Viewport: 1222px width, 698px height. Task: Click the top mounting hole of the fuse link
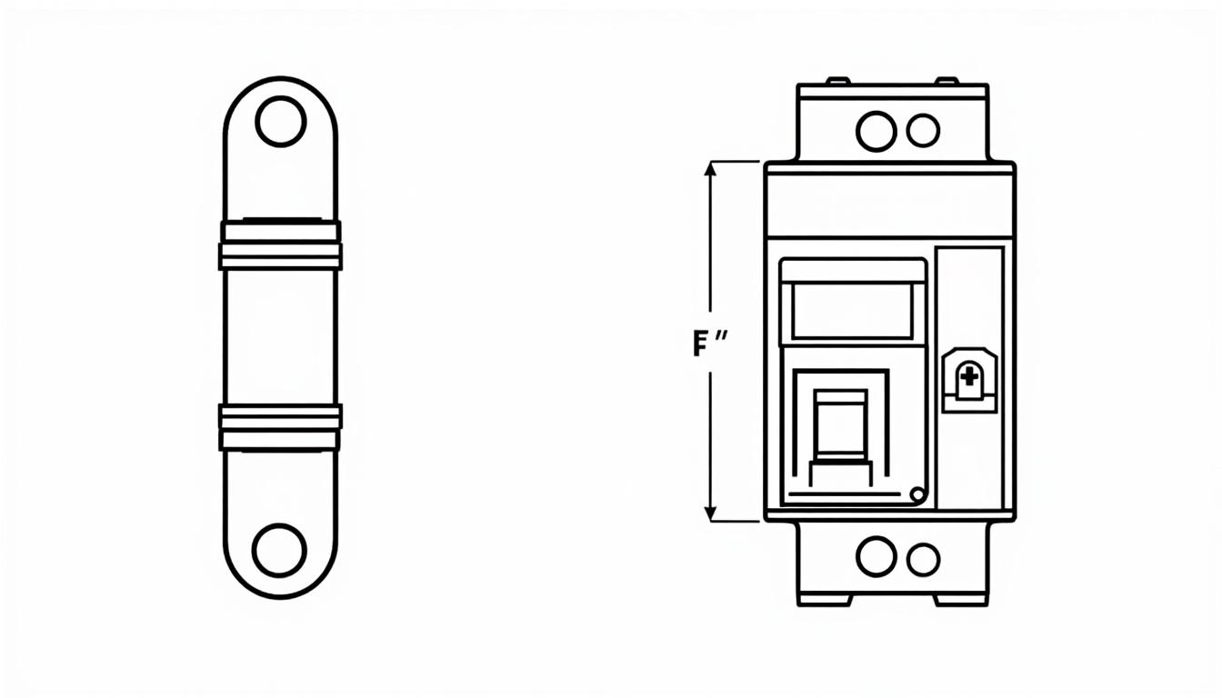[x=280, y=121]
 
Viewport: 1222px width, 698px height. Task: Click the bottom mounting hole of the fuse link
[x=279, y=550]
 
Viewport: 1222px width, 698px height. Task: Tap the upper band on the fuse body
[x=280, y=245]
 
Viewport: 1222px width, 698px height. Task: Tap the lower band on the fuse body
[x=280, y=428]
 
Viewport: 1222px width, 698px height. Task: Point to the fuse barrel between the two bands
[x=280, y=336]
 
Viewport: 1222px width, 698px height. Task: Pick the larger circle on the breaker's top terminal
[x=876, y=131]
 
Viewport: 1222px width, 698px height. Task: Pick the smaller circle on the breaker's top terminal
[x=923, y=131]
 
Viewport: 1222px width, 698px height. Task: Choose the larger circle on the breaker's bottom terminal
[x=876, y=556]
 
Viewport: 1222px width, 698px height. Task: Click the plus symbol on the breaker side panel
[x=970, y=376]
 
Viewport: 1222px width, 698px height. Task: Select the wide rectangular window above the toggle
[x=853, y=311]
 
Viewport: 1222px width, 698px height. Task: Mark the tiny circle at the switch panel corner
[x=916, y=494]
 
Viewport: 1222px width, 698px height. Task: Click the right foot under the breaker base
[x=960, y=600]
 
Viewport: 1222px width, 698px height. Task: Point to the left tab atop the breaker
[x=836, y=81]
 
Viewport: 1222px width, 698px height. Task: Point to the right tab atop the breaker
[x=947, y=81]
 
